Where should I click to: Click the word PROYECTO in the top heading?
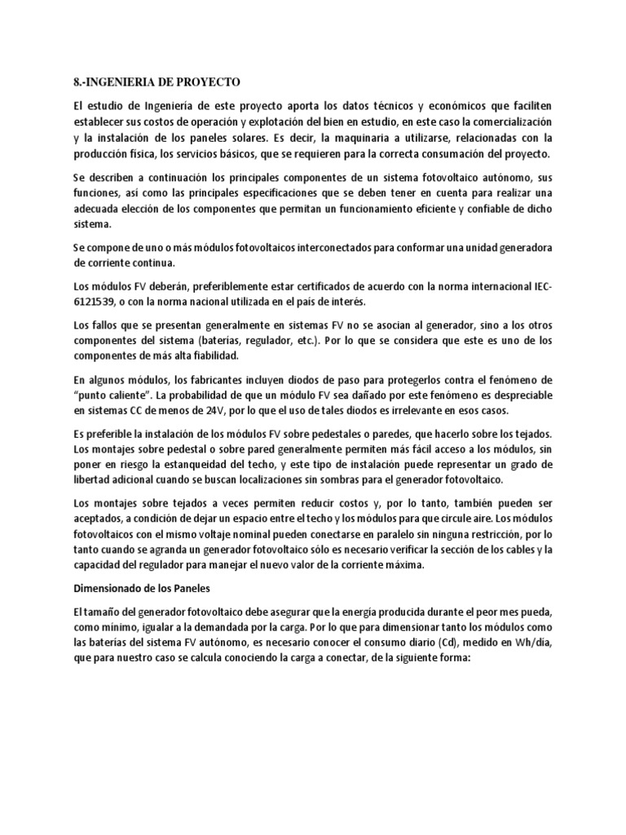pyautogui.click(x=206, y=82)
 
